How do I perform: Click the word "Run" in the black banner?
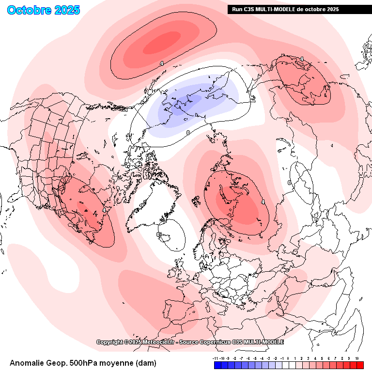[x=237, y=9]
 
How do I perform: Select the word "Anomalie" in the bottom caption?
[x=29, y=363]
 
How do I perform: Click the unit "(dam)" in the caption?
[x=146, y=363]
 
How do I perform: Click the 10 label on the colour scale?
[x=356, y=358]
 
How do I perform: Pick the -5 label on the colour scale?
[x=255, y=358]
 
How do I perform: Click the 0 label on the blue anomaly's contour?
[x=187, y=132]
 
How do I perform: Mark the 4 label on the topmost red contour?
[x=161, y=63]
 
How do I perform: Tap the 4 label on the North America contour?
[x=105, y=210]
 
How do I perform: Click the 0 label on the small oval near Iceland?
[x=159, y=234]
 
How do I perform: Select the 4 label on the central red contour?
[x=263, y=201]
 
